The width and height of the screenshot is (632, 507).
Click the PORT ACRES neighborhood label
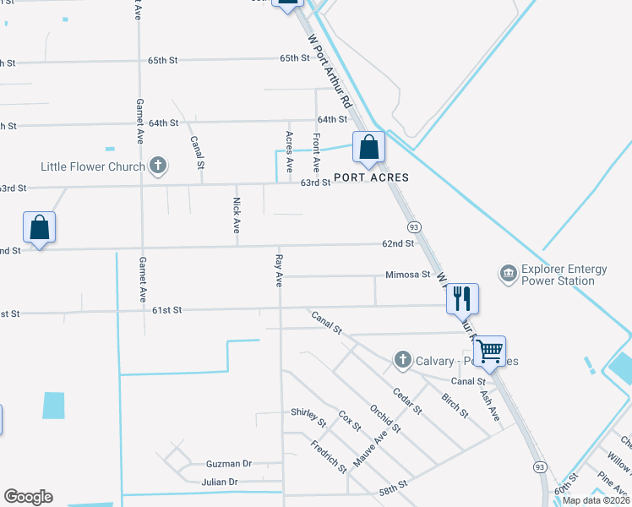coord(371,177)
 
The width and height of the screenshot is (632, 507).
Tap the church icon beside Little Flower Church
coord(157,166)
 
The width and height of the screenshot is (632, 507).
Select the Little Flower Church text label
coord(92,166)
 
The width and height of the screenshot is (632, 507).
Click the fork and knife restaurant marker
coord(462,298)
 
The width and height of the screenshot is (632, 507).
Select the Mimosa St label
coord(408,275)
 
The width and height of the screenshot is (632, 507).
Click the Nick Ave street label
coord(237,215)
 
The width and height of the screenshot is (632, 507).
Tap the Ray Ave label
coord(279,268)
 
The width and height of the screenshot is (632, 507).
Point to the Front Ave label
coord(316,152)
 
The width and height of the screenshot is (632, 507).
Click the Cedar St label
coord(407,401)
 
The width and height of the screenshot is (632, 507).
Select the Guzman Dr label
coord(229,464)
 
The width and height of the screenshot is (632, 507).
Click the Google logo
coord(28,497)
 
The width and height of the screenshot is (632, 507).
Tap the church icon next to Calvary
coord(401,361)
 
